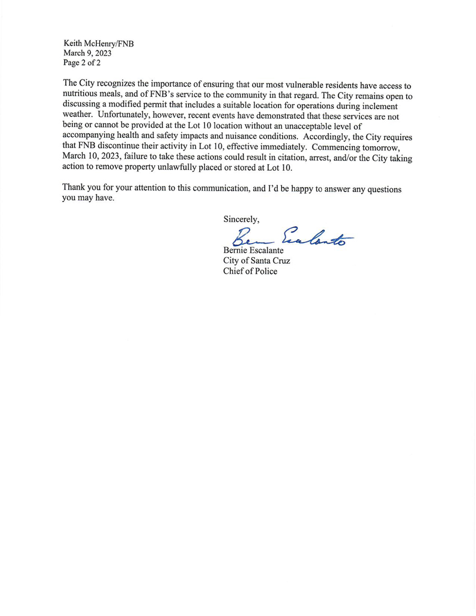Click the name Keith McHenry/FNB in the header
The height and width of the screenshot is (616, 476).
point(98,44)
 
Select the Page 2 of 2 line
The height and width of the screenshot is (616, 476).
point(82,63)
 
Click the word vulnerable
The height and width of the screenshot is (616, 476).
point(294,86)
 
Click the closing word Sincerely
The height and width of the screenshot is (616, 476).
point(241,218)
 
